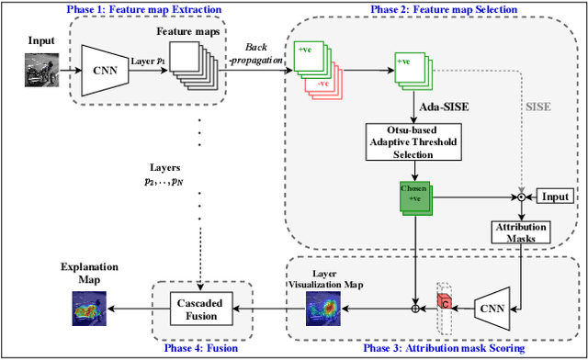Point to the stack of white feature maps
200,65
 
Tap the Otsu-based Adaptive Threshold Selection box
411,141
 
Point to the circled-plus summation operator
413,308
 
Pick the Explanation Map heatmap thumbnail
89,310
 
